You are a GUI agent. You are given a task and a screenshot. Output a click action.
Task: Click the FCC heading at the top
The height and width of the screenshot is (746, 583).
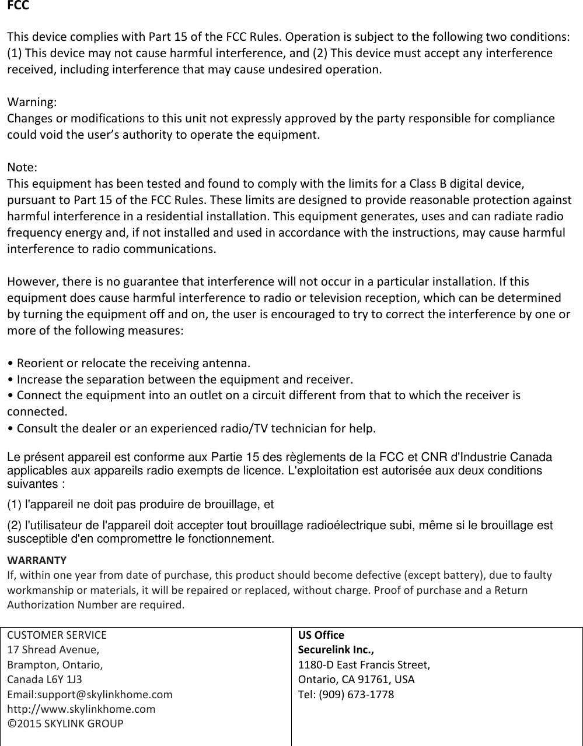click(x=18, y=6)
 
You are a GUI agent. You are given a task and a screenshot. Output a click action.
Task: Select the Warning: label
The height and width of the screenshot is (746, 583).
click(x=32, y=102)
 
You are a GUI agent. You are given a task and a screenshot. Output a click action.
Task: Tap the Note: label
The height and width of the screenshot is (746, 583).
click(x=22, y=168)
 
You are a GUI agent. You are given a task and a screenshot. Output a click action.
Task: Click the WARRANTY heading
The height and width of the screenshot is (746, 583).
click(x=36, y=561)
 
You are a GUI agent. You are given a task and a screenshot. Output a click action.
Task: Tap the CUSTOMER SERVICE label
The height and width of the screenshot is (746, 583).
click(x=57, y=635)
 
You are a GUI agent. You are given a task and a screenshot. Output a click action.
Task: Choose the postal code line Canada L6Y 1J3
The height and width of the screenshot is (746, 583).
click(x=44, y=680)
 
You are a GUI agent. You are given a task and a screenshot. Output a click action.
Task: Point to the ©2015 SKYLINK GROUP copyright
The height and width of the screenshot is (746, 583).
click(x=65, y=724)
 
